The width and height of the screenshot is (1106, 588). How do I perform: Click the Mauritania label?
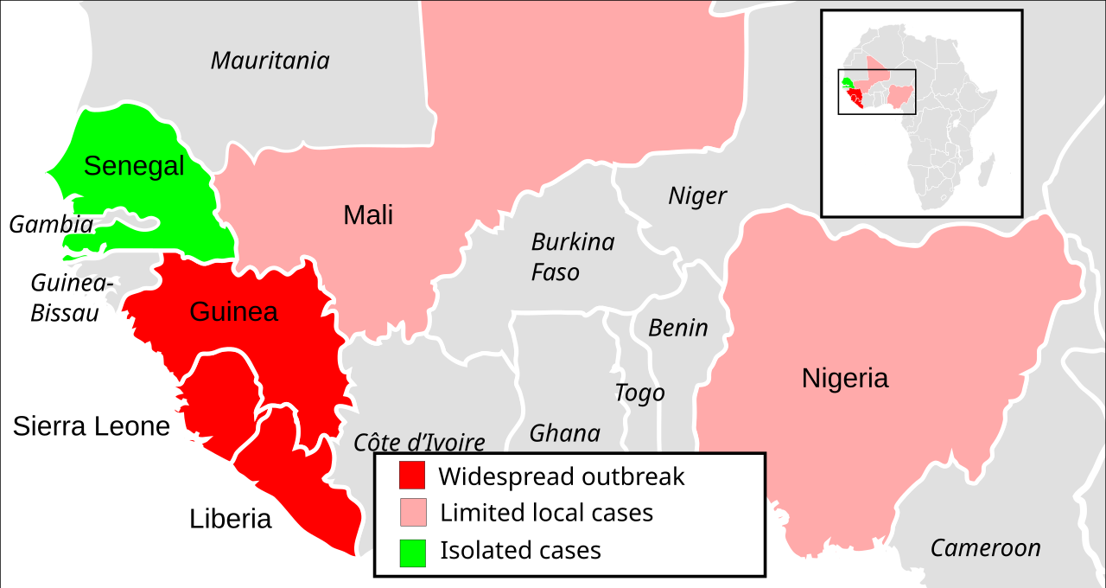pyautogui.click(x=270, y=61)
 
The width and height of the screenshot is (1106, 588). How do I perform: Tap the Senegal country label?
pyautogui.click(x=134, y=166)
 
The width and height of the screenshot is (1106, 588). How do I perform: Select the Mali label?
pyautogui.click(x=368, y=215)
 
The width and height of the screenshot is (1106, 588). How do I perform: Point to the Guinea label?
pyautogui.click(x=233, y=312)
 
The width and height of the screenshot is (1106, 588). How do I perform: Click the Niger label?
pyautogui.click(x=697, y=196)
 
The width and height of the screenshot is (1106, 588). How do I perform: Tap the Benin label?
pyautogui.click(x=677, y=329)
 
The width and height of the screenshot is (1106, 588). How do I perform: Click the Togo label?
pyautogui.click(x=639, y=393)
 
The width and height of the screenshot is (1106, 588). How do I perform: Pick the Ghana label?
pyautogui.click(x=564, y=433)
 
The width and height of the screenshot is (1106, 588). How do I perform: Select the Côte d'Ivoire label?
pyautogui.click(x=419, y=443)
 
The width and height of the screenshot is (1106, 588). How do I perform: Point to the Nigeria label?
pyautogui.click(x=844, y=379)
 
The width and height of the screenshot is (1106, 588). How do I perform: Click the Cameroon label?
pyautogui.click(x=985, y=548)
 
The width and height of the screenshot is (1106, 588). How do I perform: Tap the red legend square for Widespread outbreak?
pyautogui.click(x=412, y=476)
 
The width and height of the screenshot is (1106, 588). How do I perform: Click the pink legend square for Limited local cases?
pyautogui.click(x=412, y=513)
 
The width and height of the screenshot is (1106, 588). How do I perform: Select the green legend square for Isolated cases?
pyautogui.click(x=412, y=552)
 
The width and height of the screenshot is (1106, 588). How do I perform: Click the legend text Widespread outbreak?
pyautogui.click(x=561, y=476)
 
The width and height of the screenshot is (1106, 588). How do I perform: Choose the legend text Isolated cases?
pyautogui.click(x=520, y=551)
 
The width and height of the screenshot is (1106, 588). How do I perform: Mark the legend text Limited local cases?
pyautogui.click(x=546, y=513)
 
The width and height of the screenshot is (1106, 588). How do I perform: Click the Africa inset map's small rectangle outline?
pyautogui.click(x=877, y=70)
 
